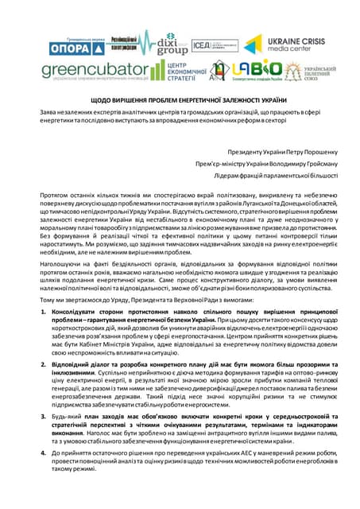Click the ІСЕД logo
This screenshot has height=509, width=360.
(202, 45)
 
